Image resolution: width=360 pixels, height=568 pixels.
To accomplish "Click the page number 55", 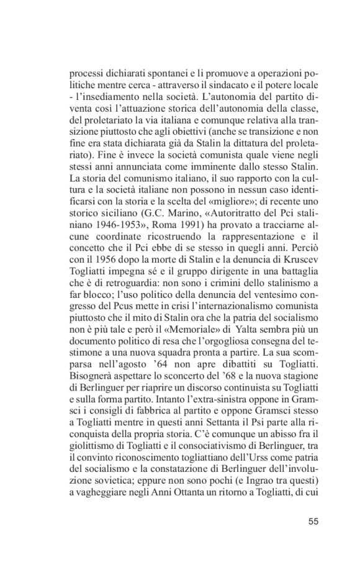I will (313, 520).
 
